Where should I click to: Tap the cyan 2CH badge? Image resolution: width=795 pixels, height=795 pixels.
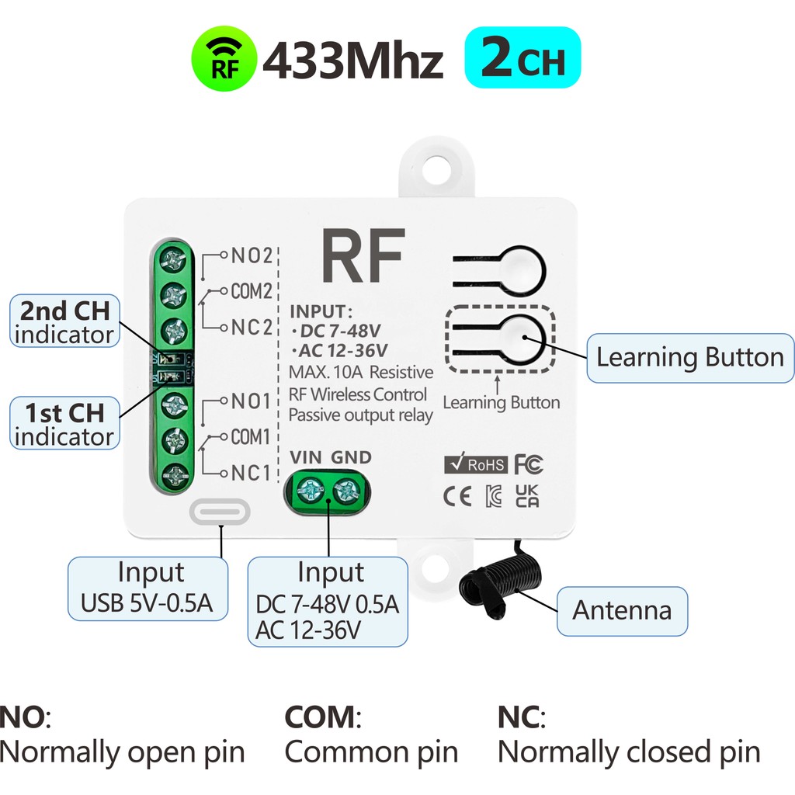[522, 57]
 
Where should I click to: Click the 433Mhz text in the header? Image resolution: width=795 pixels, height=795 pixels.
[353, 61]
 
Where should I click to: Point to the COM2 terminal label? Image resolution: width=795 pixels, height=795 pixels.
[250, 291]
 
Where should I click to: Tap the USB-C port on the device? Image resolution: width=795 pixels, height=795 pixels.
[220, 512]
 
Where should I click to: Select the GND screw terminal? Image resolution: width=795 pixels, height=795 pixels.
[347, 490]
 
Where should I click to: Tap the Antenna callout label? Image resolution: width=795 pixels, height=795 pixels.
[622, 610]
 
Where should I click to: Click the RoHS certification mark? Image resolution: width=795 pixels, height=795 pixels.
[475, 465]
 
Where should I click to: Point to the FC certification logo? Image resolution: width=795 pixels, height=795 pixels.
[529, 464]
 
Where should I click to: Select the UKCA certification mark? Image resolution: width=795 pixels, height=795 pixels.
[528, 497]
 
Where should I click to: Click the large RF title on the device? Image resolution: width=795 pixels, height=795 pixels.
[363, 256]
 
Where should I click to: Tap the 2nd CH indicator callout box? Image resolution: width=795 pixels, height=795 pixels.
[65, 321]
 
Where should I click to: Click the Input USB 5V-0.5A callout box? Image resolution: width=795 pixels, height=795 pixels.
[148, 588]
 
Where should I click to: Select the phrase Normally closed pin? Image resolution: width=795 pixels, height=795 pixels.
[628, 751]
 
